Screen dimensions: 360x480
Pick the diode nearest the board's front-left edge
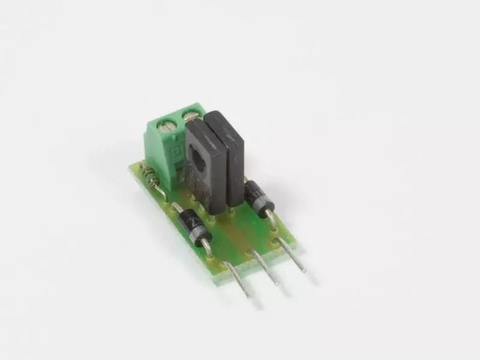(x=193, y=227)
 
